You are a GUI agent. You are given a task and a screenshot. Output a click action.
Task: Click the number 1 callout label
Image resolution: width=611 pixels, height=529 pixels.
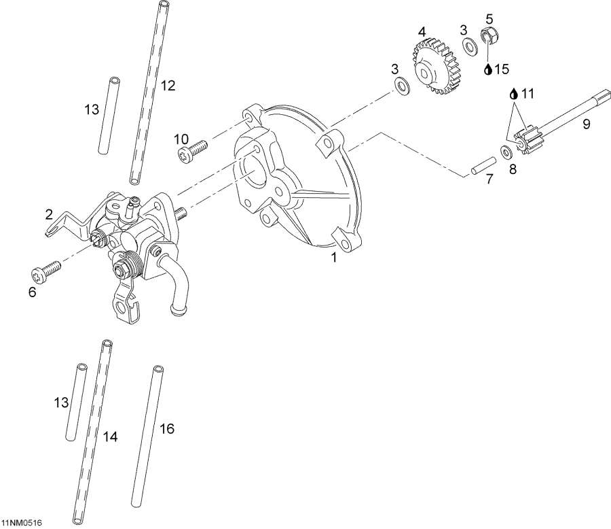pyautogui.click(x=334, y=258)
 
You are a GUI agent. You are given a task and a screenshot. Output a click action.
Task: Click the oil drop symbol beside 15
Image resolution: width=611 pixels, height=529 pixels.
pyautogui.click(x=488, y=69)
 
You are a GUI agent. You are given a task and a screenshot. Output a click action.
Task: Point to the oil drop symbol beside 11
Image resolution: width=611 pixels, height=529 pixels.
pyautogui.click(x=514, y=92)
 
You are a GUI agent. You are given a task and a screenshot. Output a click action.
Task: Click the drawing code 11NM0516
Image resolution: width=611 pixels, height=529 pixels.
pyautogui.click(x=22, y=522)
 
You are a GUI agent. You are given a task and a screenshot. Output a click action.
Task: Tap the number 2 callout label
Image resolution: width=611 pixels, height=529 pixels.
pyautogui.click(x=49, y=214)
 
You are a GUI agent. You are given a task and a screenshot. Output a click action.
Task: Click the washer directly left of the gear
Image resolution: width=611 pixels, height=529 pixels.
pyautogui.click(x=402, y=84)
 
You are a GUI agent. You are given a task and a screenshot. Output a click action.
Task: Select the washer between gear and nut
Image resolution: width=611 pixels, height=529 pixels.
pyautogui.click(x=469, y=46)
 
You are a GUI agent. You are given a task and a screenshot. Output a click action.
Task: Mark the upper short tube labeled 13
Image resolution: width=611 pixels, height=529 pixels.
pyautogui.click(x=112, y=116)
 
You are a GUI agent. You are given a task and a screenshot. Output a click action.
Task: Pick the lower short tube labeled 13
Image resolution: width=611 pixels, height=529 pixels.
pyautogui.click(x=77, y=403)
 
